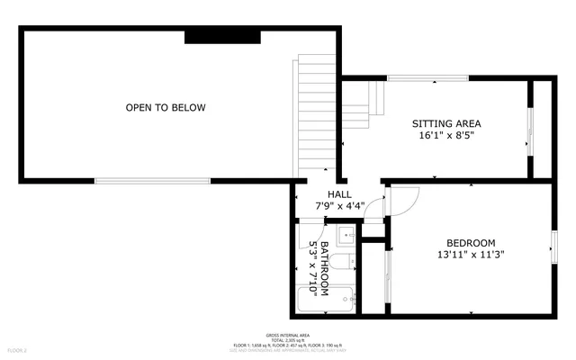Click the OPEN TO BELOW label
click(x=165, y=108)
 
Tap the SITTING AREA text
click(x=446, y=123)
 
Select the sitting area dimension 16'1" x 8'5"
click(x=445, y=136)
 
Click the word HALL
click(x=339, y=194)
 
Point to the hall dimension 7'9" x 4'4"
click(x=339, y=206)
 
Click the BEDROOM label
click(x=471, y=243)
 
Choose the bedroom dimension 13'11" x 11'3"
click(x=470, y=255)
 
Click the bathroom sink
click(x=346, y=237)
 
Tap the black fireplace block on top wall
click(x=222, y=36)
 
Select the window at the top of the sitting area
click(x=427, y=79)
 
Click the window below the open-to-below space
click(x=153, y=181)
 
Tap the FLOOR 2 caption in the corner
click(x=18, y=349)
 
